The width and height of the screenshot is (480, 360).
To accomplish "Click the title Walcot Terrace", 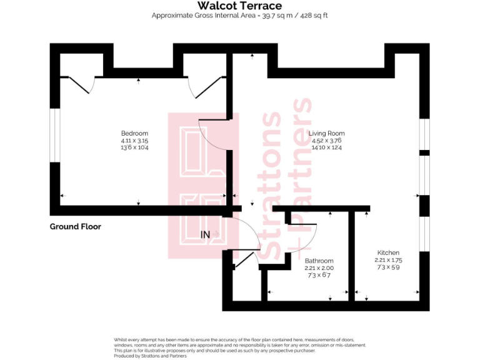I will pos(239,6).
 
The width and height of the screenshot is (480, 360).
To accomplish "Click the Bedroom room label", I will pos(134,133).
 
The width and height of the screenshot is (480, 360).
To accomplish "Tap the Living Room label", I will pos(327,133).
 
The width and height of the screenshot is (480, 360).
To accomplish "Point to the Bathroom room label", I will pos(319,261).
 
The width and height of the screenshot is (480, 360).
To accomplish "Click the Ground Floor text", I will pos(75,226).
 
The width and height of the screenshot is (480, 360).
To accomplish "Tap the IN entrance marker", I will pos(205,234).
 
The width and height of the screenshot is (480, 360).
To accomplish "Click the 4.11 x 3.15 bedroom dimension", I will pos(134,141).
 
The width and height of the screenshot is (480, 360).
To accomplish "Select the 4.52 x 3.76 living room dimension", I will pos(327,141).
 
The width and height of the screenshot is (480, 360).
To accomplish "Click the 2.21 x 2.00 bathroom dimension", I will pos(319,268).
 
